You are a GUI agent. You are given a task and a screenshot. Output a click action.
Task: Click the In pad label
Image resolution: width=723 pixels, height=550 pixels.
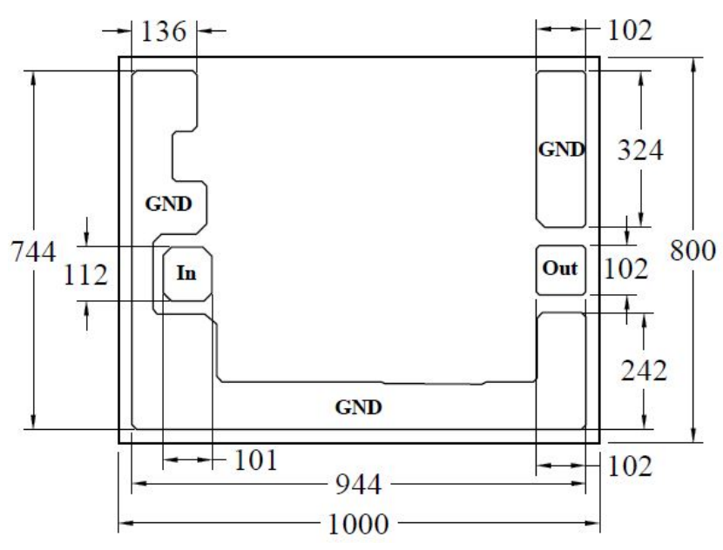(186, 273)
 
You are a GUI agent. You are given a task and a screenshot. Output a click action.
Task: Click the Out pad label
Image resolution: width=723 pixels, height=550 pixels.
(560, 268)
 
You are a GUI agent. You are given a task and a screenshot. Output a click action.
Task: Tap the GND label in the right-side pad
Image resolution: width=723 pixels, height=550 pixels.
(562, 149)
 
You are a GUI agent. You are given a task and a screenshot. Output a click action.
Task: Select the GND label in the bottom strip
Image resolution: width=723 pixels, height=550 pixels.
(358, 407)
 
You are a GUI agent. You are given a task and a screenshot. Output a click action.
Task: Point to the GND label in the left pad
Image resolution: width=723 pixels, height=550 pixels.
(168, 204)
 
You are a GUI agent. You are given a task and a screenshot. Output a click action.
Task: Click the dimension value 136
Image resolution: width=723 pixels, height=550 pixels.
(163, 32)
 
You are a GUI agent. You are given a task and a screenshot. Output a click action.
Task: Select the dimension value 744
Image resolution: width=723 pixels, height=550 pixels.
(33, 252)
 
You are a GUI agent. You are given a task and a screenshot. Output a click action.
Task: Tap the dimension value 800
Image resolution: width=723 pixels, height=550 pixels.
(693, 251)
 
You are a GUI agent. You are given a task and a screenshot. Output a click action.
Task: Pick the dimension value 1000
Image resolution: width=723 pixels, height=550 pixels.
(358, 524)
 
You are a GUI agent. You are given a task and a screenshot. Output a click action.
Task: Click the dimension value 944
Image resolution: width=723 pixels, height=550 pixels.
(358, 485)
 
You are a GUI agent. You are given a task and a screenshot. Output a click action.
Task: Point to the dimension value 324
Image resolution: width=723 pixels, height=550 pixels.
(640, 151)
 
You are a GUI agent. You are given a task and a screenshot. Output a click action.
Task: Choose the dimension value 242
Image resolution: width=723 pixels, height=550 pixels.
(644, 371)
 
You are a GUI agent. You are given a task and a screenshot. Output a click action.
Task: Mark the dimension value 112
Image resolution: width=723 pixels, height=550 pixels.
(85, 275)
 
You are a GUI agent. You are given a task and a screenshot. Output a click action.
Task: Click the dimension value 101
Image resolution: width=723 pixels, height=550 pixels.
(256, 460)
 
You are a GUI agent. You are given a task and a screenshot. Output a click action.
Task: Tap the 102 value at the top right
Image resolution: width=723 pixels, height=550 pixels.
(630, 30)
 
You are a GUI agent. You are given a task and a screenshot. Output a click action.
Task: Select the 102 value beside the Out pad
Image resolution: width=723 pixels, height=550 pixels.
(625, 269)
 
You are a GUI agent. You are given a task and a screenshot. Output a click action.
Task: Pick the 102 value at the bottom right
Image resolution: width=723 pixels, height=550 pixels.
(630, 466)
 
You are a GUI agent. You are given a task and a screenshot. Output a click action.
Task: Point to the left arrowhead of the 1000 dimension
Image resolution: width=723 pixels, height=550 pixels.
(126, 523)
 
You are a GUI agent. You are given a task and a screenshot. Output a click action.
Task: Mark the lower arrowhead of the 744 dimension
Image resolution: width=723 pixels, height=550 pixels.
(33, 421)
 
